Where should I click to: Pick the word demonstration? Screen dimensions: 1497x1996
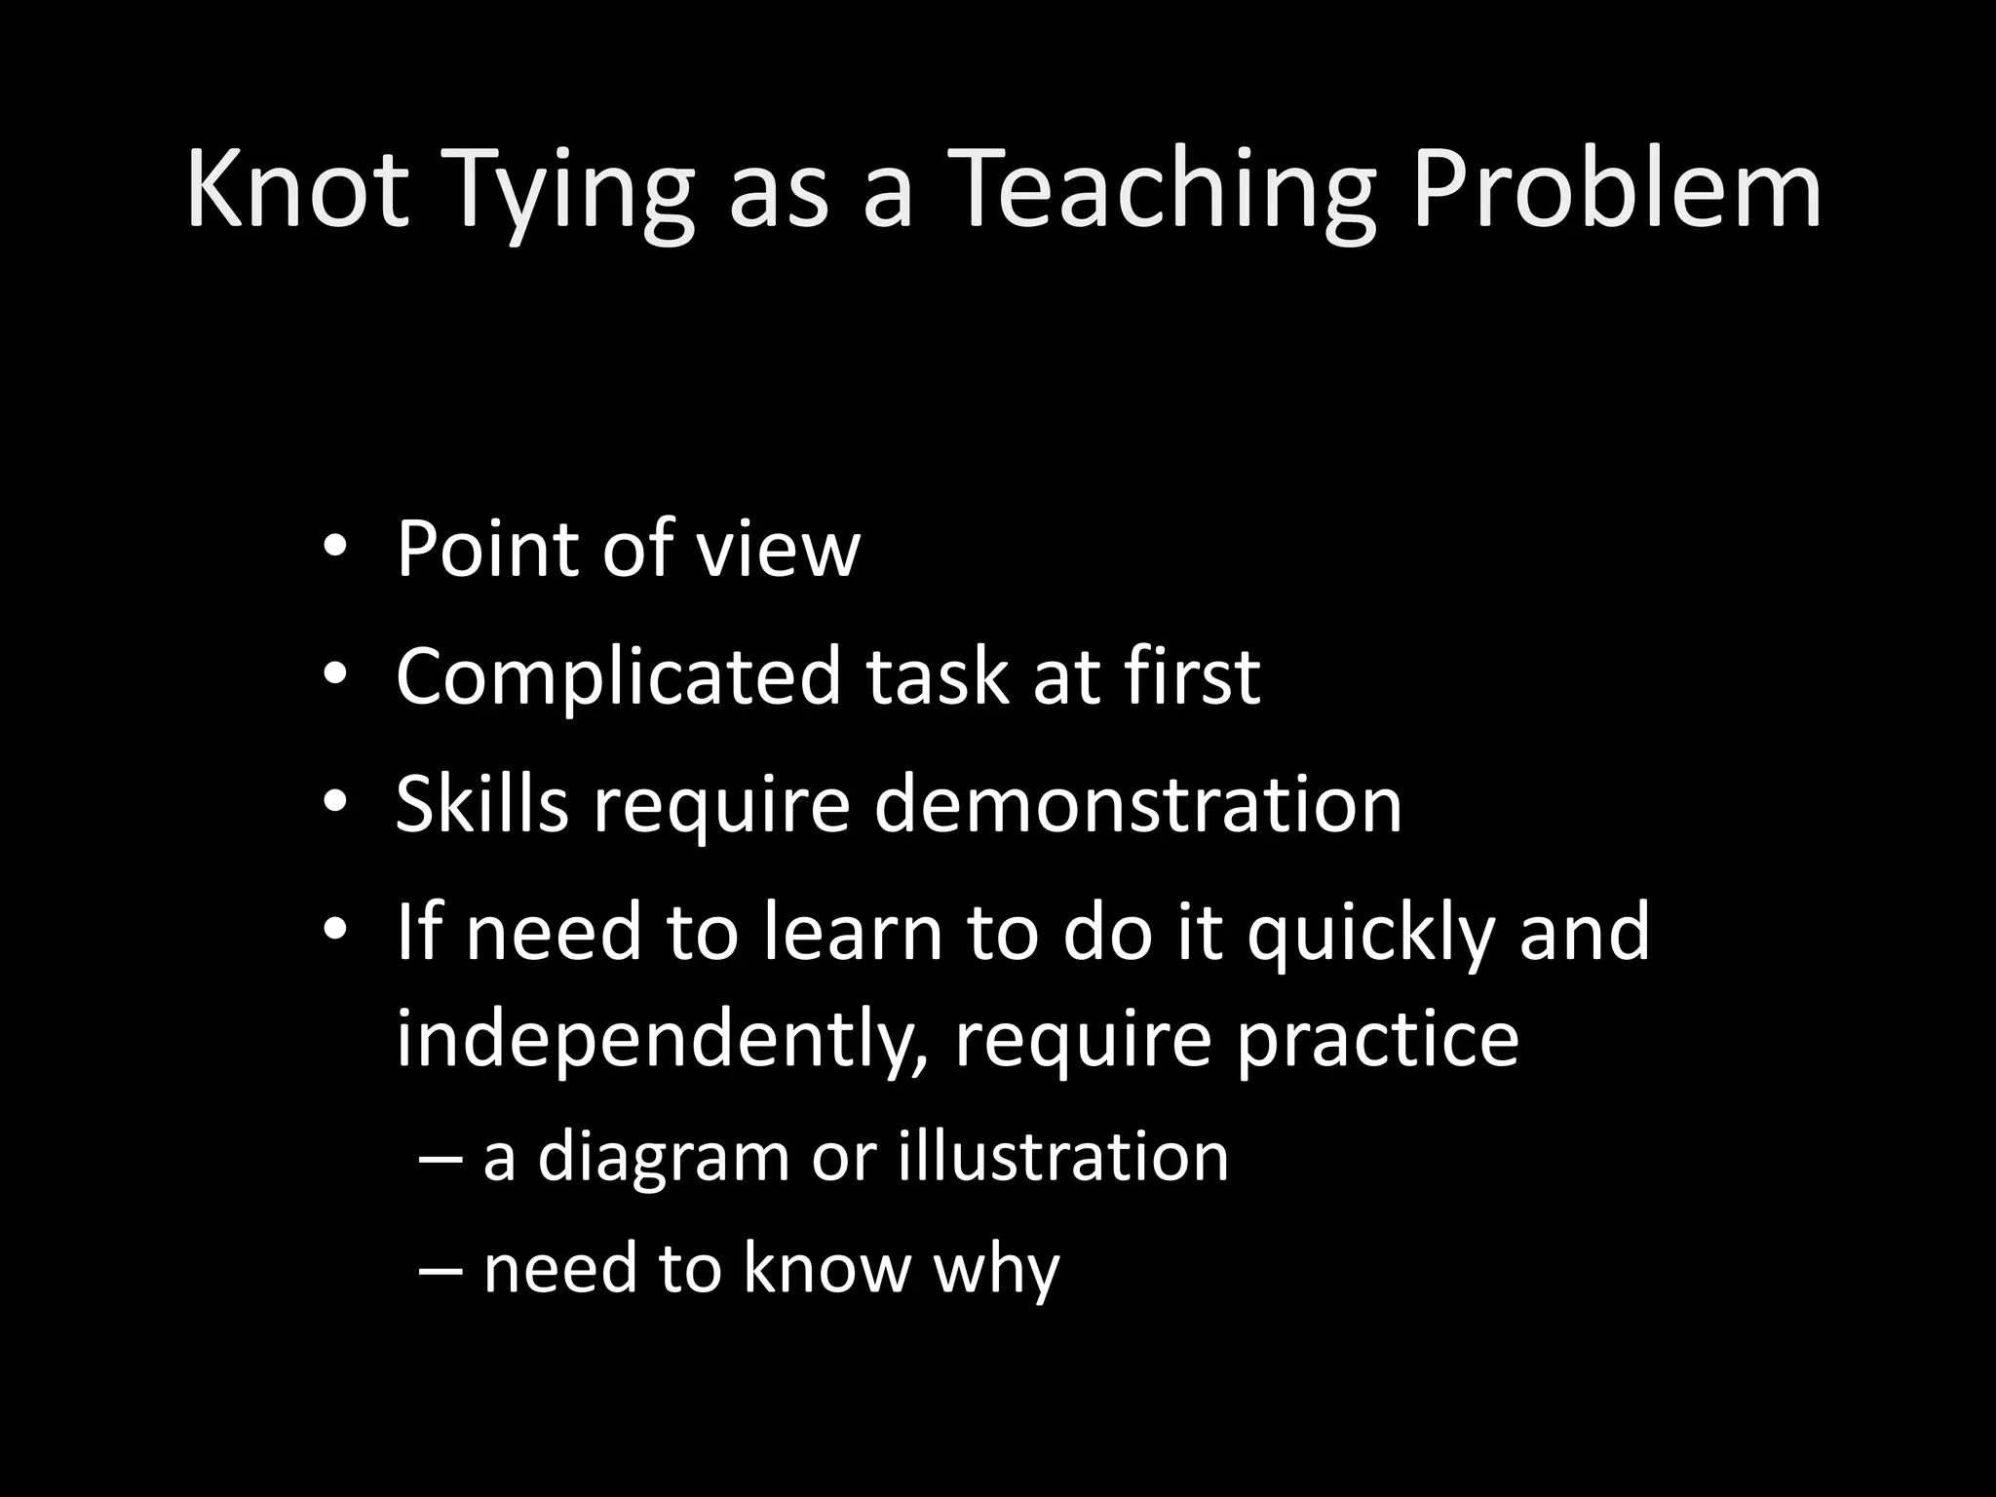[1137, 805]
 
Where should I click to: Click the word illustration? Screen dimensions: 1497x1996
[1063, 1156]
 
